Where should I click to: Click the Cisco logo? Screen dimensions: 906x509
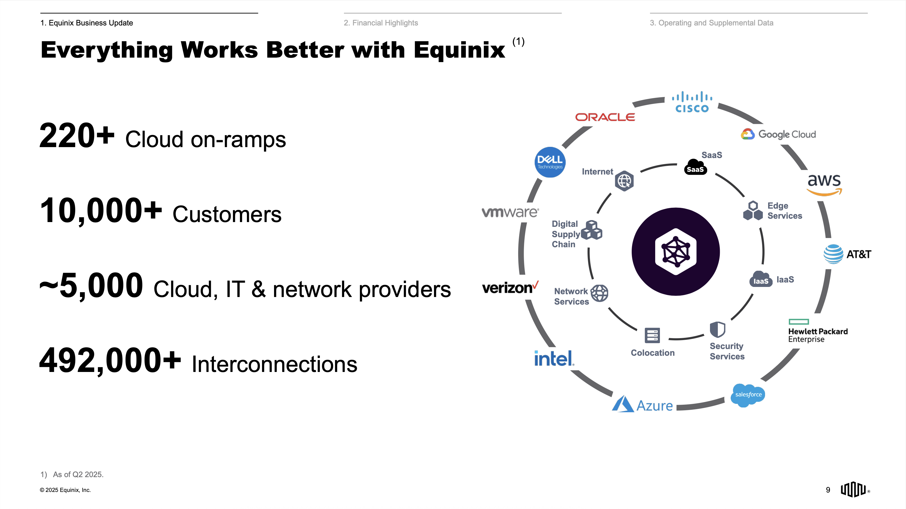point(692,102)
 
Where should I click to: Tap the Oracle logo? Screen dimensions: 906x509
point(605,117)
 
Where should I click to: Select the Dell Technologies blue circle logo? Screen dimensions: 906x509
point(550,162)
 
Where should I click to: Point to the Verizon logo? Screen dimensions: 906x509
point(510,288)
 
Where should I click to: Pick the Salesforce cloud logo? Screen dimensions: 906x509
point(748,395)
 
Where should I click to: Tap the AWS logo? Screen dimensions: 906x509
point(824,185)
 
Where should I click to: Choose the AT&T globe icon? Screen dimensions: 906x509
point(833,254)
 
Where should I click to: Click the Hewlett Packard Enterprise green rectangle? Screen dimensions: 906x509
point(799,322)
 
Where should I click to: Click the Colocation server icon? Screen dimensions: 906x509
point(652,336)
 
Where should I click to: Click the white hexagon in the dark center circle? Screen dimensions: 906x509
point(676,251)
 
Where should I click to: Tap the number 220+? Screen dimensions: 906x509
point(77,136)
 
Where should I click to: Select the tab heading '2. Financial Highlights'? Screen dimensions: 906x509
point(381,23)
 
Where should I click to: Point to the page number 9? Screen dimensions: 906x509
point(828,490)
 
